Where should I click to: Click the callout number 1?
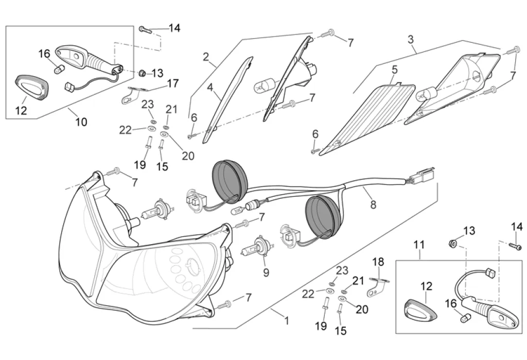coord(287,321)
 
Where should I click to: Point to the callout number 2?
coord(206,57)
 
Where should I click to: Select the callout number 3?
coord(410,39)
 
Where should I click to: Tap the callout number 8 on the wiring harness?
coord(373,204)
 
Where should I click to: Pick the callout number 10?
coord(81,122)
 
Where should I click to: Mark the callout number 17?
coord(172,83)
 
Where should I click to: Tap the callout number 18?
coord(378,262)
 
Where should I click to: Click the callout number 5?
coord(395,69)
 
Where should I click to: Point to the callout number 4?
coord(210,87)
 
